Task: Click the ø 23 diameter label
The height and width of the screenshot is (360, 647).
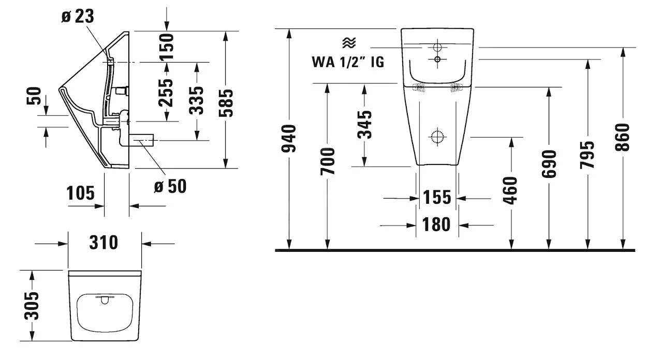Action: click(78, 16)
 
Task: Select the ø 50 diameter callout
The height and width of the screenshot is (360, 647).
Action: click(170, 186)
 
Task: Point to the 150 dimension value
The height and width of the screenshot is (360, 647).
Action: click(167, 46)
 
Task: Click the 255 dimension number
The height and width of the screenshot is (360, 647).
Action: click(167, 93)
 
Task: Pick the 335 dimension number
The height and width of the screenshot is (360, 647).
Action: click(197, 100)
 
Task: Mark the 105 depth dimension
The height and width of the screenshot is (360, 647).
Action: click(81, 193)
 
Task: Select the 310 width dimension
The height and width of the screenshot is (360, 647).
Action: click(104, 242)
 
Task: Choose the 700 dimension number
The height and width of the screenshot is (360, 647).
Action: click(328, 161)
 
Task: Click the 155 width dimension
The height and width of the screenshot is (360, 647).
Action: click(437, 197)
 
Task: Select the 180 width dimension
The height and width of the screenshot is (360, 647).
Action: click(437, 224)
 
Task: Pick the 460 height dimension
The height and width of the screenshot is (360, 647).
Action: click(511, 190)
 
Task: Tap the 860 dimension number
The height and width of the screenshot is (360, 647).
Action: click(623, 137)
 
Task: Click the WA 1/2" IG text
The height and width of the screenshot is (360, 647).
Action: click(347, 62)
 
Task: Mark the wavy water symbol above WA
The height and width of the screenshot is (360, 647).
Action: click(348, 42)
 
